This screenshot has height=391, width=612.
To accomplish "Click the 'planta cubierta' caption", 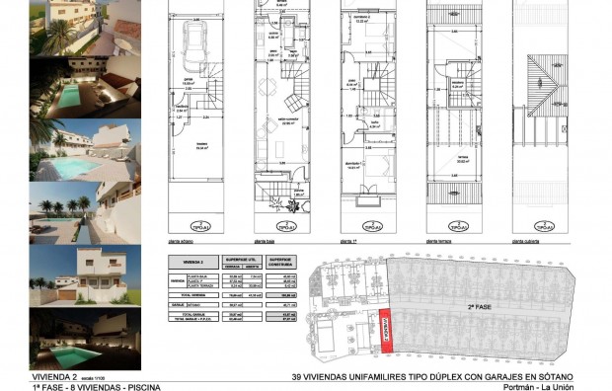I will (x=527, y=240).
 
